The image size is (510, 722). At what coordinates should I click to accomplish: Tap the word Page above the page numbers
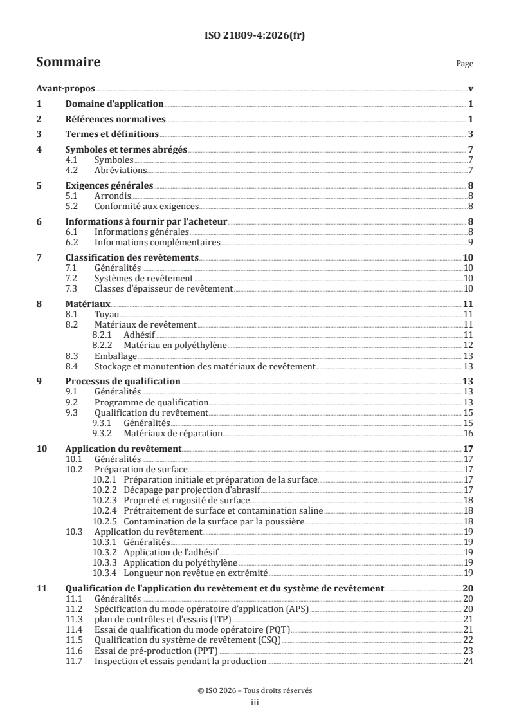coord(464,64)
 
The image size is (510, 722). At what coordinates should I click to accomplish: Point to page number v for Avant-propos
coord(471,89)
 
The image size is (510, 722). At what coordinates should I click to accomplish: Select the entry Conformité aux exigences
coord(146,207)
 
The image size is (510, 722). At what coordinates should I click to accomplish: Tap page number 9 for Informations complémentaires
coord(471,242)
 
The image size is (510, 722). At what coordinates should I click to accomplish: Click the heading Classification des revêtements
coord(132,257)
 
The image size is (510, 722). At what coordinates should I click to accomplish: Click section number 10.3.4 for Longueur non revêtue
coord(105,572)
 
